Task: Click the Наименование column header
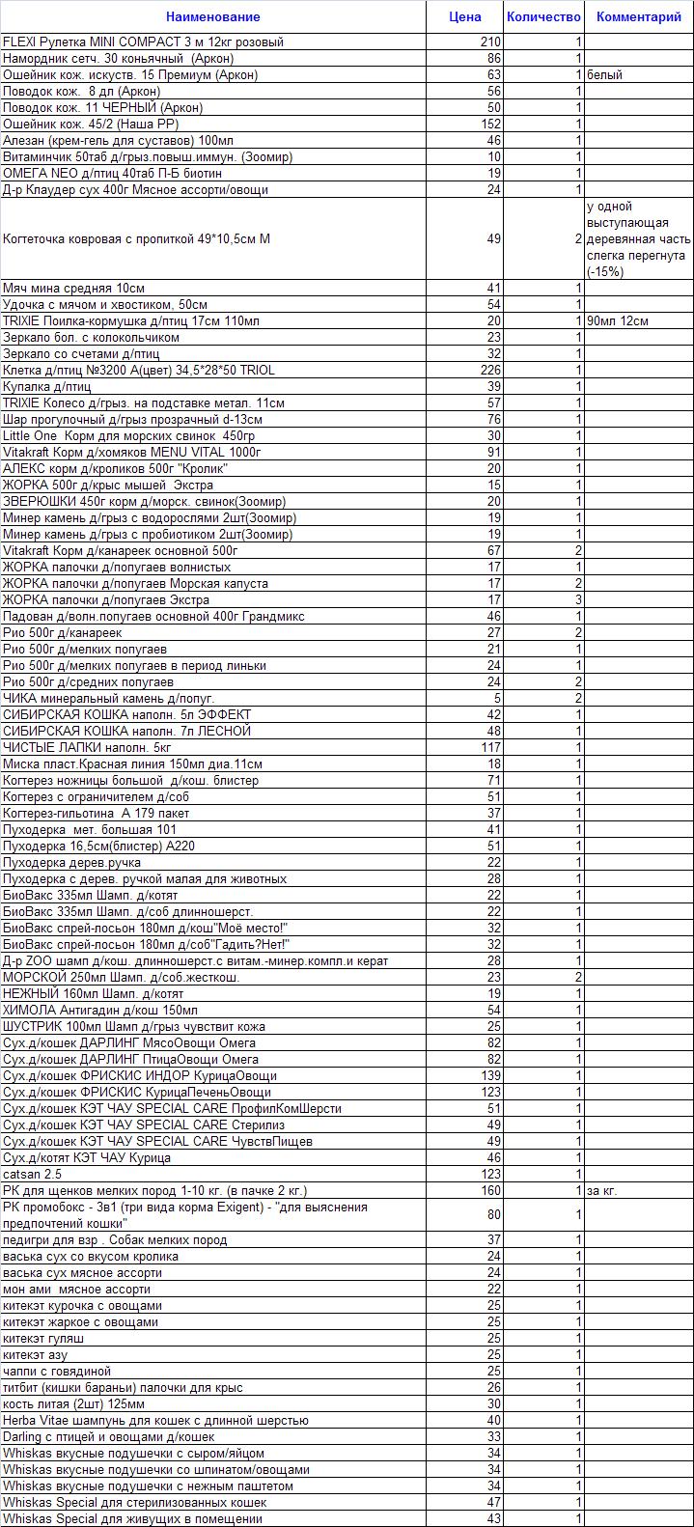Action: point(212,16)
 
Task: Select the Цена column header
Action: point(465,16)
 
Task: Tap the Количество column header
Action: point(543,16)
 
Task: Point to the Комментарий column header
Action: point(638,16)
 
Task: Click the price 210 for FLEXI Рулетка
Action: point(490,42)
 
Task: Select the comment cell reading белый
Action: point(604,74)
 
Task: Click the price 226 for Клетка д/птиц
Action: point(490,370)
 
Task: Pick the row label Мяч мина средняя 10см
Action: point(74,288)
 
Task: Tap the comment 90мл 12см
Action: point(617,320)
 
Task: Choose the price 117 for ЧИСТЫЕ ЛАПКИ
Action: point(490,747)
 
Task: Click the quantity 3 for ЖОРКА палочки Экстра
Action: point(578,599)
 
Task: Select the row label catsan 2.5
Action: point(32,1174)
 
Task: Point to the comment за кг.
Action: point(601,1190)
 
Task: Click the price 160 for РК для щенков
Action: point(490,1190)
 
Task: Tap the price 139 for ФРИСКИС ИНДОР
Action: point(490,1075)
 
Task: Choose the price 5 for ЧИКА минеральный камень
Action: point(497,698)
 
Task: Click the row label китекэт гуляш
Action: point(43,1338)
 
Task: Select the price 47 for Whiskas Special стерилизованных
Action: point(494,1502)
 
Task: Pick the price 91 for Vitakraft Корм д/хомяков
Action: point(494,452)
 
